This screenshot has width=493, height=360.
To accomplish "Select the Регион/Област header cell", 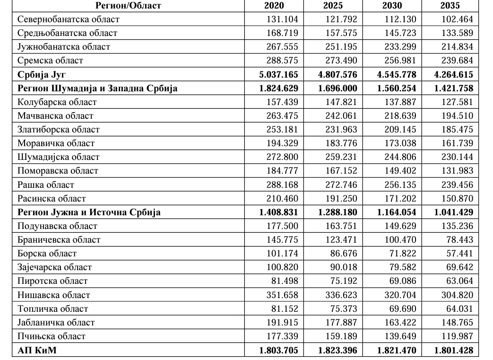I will [128, 6].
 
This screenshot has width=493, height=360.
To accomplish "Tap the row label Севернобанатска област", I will [68, 19].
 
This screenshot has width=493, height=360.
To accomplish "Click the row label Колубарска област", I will [57, 102].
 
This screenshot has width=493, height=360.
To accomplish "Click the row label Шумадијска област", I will [59, 157].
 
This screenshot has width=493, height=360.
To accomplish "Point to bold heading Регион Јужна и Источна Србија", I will [89, 212].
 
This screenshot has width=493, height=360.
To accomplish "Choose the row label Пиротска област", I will [52, 281].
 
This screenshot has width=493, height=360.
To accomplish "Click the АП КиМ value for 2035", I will [453, 351].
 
